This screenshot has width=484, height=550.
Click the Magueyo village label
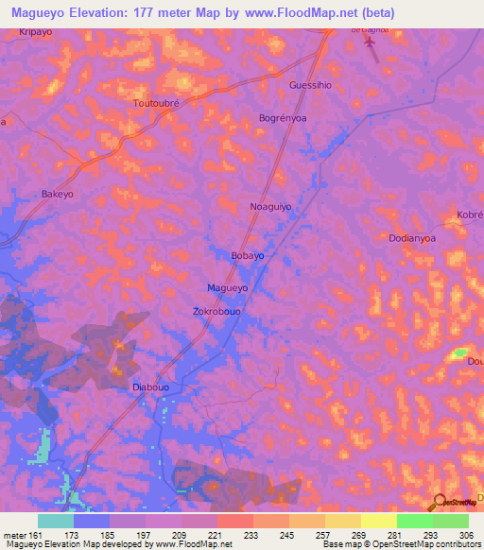(227, 287)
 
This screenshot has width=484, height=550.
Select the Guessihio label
(309, 85)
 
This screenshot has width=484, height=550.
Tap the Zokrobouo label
(219, 309)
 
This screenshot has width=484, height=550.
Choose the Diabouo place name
(150, 387)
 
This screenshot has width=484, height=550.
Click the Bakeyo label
(58, 194)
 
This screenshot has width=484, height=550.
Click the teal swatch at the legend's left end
(56, 521)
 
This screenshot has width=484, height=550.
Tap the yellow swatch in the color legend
(378, 521)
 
